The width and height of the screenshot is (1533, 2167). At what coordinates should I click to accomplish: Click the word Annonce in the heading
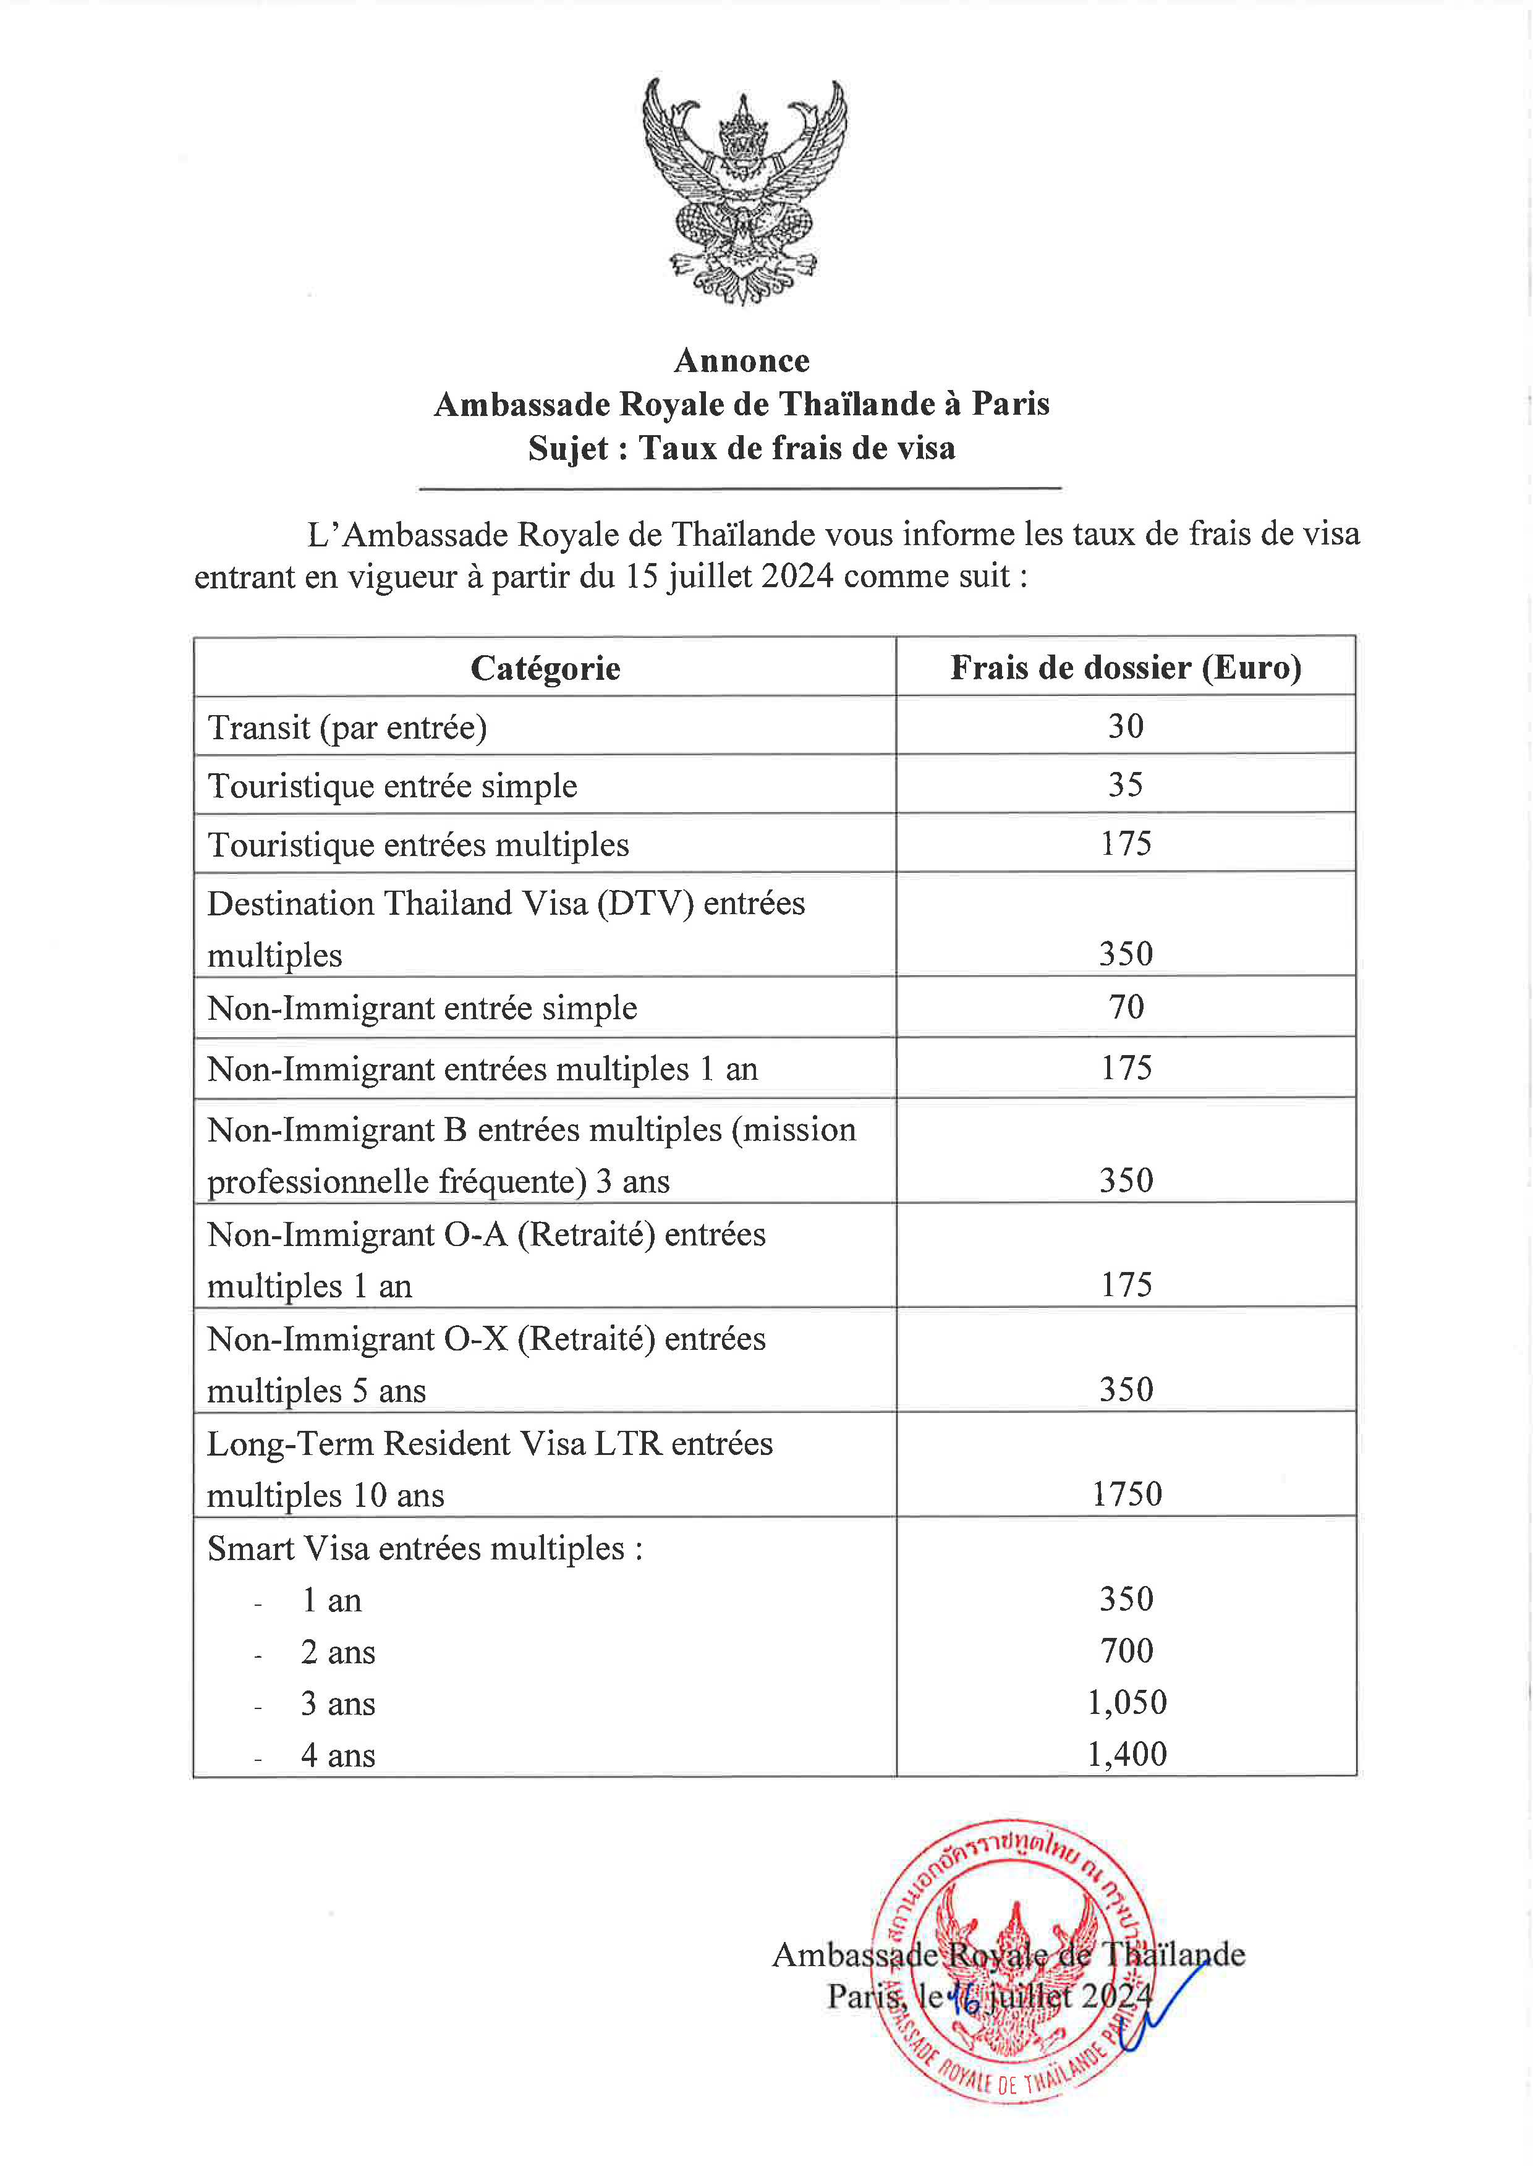tap(742, 360)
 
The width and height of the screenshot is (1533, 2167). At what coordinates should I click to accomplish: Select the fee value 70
tap(1126, 1007)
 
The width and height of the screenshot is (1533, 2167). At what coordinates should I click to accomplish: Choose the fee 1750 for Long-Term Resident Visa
tap(1126, 1494)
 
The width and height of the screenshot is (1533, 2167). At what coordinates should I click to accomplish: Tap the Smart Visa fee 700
tap(1126, 1651)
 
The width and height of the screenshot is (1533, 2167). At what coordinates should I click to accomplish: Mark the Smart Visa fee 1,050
tap(1126, 1703)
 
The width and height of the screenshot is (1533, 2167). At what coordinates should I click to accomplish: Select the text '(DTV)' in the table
tap(645, 903)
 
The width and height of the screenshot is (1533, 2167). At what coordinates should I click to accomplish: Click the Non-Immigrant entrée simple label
tap(422, 1008)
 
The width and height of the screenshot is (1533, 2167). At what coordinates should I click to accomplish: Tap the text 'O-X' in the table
tap(476, 1339)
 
